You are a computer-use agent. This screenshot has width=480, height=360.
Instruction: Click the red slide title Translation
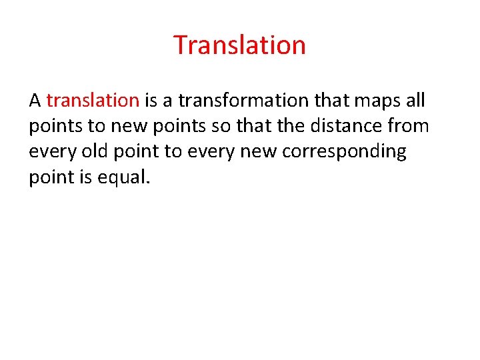click(x=239, y=45)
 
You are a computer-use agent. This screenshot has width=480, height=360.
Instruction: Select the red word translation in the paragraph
click(x=93, y=101)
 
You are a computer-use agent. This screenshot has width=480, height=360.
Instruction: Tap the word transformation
click(x=224, y=101)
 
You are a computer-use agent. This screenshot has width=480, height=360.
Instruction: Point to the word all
click(x=415, y=101)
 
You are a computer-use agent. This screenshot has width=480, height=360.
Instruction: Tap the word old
click(x=94, y=152)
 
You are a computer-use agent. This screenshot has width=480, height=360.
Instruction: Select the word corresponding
click(x=344, y=152)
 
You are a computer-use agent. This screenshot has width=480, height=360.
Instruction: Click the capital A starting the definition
click(x=35, y=101)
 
